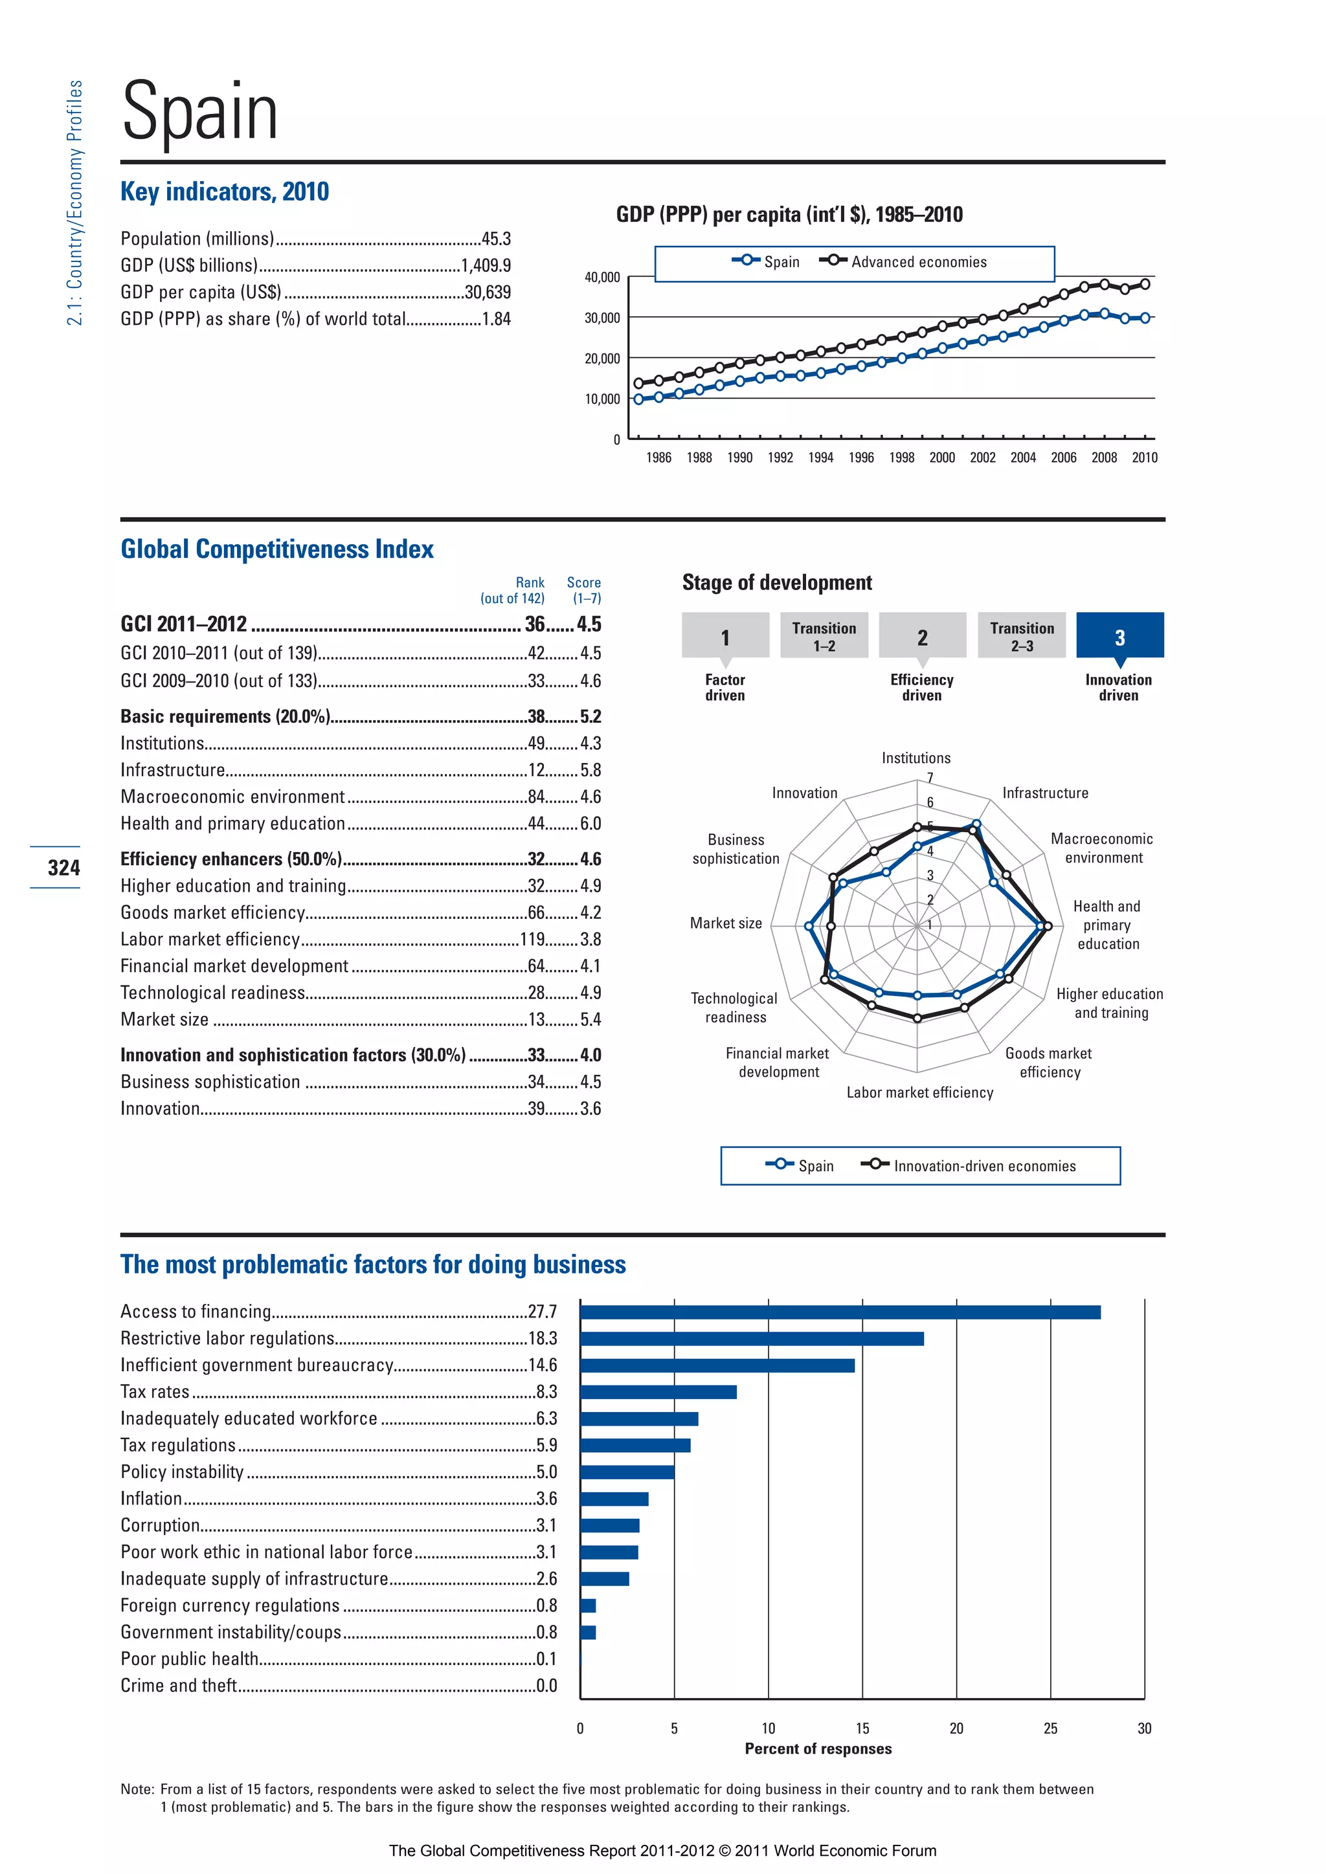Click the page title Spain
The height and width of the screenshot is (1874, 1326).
pyautogui.click(x=200, y=112)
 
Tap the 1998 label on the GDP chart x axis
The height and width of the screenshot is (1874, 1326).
pyautogui.click(x=901, y=458)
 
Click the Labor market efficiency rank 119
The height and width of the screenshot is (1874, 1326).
pyautogui.click(x=532, y=940)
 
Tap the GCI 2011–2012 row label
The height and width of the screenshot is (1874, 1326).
pyautogui.click(x=184, y=624)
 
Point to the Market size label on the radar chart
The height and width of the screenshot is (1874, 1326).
pyautogui.click(x=725, y=923)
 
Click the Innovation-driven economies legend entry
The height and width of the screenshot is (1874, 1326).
pyautogui.click(x=984, y=1166)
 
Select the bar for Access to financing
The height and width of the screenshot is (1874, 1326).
pyautogui.click(x=840, y=1312)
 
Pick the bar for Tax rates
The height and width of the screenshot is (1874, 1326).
pyautogui.click(x=658, y=1393)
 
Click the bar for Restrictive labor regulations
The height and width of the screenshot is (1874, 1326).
pyautogui.click(x=752, y=1339)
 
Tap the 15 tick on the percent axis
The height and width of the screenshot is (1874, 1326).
pyautogui.click(x=862, y=1728)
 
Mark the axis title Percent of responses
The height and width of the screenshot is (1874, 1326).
pyautogui.click(x=818, y=1749)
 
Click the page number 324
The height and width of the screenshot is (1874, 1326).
pyautogui.click(x=63, y=868)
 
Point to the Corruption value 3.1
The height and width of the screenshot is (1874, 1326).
pyautogui.click(x=546, y=1525)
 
